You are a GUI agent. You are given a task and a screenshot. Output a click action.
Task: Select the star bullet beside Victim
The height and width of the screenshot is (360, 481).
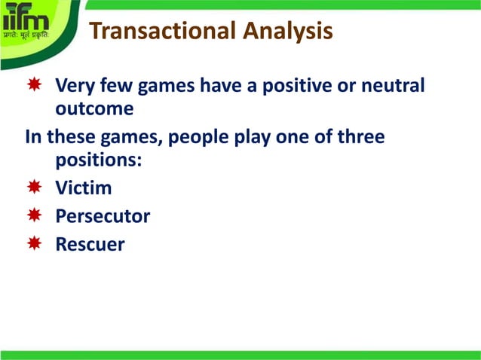(x=34, y=188)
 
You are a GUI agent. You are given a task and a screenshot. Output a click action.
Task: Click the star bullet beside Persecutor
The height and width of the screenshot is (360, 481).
(x=34, y=216)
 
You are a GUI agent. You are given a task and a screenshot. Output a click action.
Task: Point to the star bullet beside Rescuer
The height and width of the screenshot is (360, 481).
(x=34, y=244)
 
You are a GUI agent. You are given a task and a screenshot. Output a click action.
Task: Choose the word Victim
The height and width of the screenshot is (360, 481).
(x=83, y=188)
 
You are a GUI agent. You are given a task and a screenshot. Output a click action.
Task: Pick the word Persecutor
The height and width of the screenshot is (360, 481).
(x=103, y=216)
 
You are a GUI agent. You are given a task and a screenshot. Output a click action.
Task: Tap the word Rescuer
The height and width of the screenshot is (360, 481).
(x=90, y=245)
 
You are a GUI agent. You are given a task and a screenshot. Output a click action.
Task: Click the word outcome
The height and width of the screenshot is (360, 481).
(x=94, y=109)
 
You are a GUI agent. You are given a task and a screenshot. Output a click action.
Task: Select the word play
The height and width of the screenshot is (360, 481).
(x=261, y=139)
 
